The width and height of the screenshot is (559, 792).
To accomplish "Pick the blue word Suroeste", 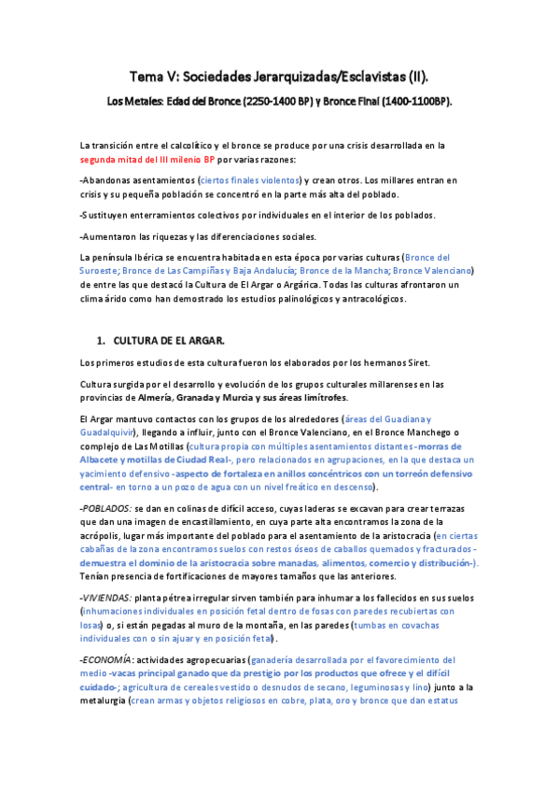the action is pos(105,271).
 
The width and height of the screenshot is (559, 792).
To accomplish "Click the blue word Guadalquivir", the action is pos(107,433).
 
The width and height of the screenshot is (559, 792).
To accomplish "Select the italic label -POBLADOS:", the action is pos(107,508).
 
